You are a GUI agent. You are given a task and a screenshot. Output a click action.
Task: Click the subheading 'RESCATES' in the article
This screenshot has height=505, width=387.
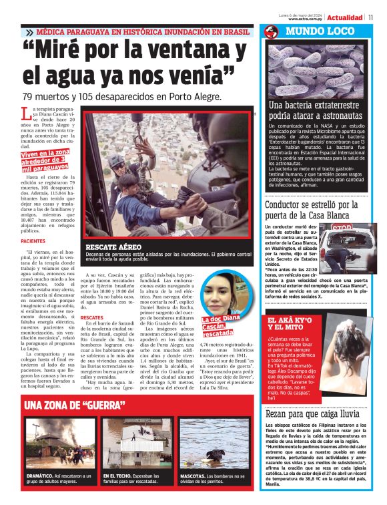91,317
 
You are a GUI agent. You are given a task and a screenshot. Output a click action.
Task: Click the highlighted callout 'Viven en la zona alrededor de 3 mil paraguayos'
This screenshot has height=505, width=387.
45,161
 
